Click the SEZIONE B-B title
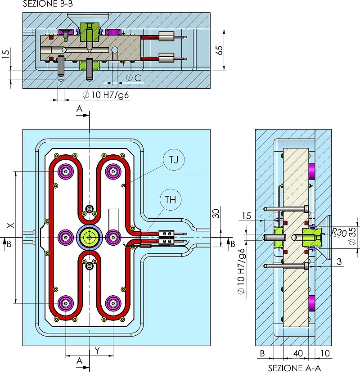click(x=48, y=4)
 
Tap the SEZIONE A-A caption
click(x=294, y=368)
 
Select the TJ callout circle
click(x=174, y=160)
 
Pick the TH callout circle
click(x=171, y=200)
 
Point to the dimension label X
click(x=10, y=225)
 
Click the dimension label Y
click(x=97, y=351)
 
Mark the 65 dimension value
click(x=220, y=50)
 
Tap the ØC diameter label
click(x=134, y=77)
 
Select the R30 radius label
click(x=339, y=232)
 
